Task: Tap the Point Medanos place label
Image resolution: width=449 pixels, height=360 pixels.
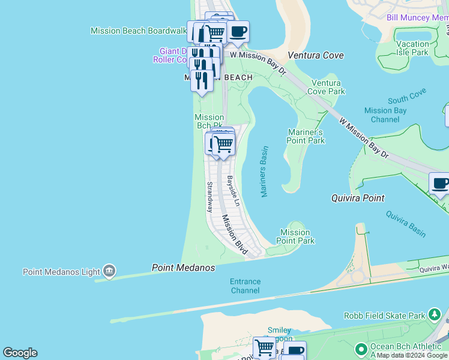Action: [x=183, y=268]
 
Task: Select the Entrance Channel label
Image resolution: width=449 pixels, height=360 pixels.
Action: [x=245, y=286]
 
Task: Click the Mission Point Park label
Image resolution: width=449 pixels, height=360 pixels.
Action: [x=295, y=236]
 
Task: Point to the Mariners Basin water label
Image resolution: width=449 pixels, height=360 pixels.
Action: [x=264, y=171]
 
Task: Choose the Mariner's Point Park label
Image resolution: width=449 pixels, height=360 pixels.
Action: [x=306, y=136]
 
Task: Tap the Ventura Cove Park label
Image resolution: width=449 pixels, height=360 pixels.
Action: [x=326, y=87]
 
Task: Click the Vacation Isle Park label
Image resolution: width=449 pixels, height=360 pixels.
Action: [x=412, y=48]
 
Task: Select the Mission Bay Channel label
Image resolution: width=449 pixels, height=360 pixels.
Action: [x=385, y=115]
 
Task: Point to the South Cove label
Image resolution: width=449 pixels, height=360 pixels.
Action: [x=406, y=96]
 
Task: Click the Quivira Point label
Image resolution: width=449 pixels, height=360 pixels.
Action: [x=358, y=198]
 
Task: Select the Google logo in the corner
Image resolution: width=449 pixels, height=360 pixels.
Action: [x=20, y=353]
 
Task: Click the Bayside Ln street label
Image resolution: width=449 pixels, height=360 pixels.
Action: [x=234, y=191]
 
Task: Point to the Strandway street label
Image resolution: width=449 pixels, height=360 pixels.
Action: [x=209, y=197]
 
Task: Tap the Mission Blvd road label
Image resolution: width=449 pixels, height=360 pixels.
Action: [x=234, y=235]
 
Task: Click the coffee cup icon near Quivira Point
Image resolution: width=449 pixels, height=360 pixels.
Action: [x=440, y=184]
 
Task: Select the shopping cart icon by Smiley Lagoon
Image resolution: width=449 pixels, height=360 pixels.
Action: [x=264, y=347]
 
